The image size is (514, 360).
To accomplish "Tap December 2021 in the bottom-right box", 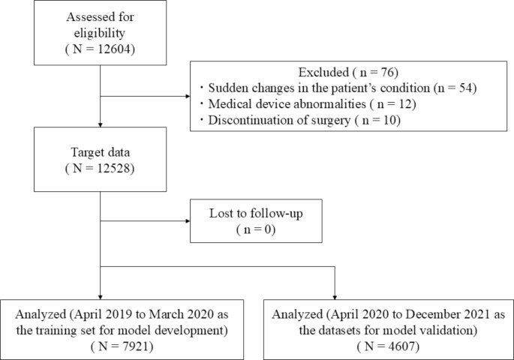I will [431, 316].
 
